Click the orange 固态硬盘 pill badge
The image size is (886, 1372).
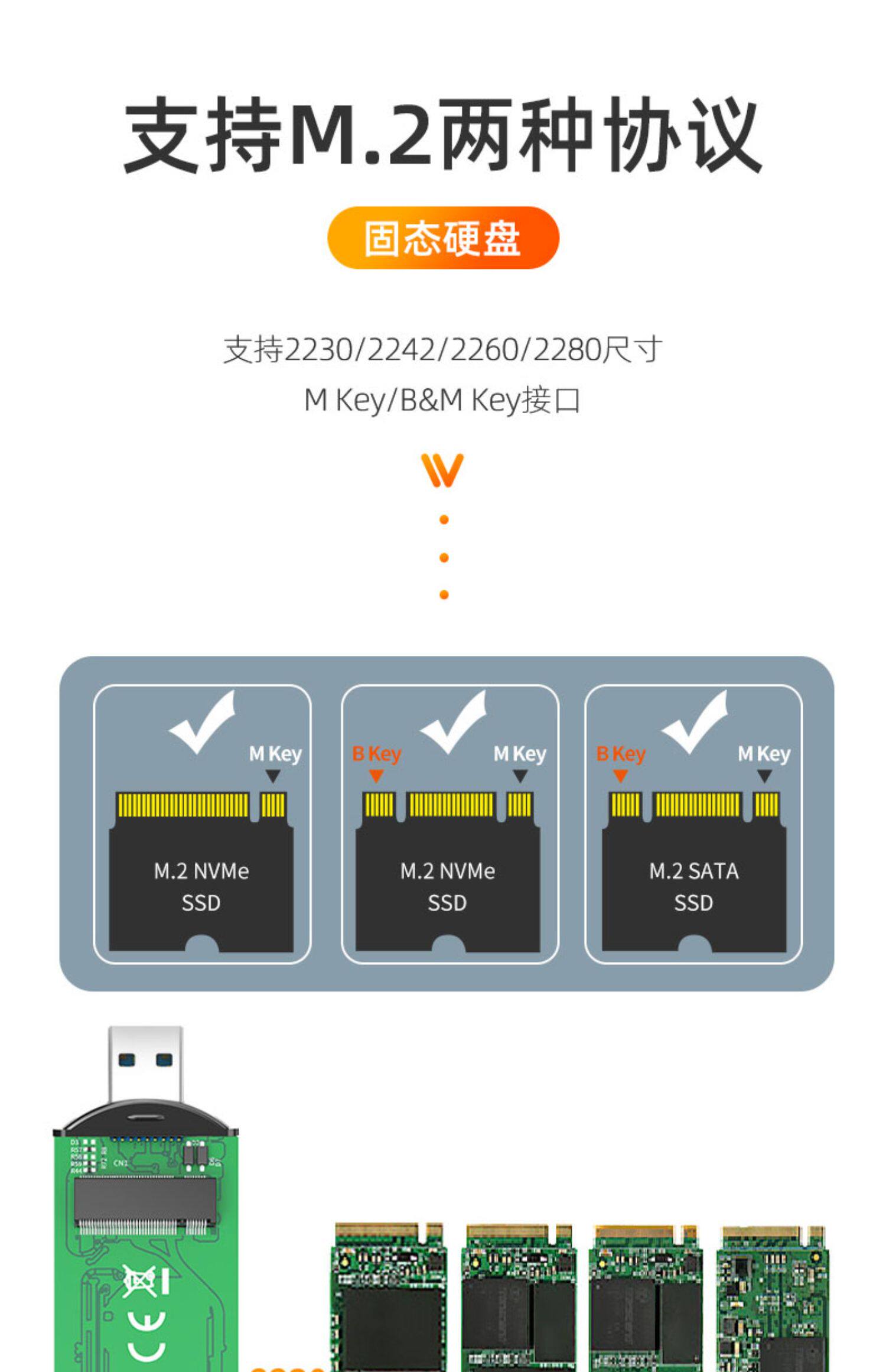pyautogui.click(x=442, y=238)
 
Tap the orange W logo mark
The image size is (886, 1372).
pyautogui.click(x=442, y=470)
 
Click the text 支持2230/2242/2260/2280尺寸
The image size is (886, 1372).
pyautogui.click(x=442, y=349)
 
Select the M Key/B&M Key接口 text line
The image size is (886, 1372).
pyautogui.click(x=442, y=400)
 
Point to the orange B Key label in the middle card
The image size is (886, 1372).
pyautogui.click(x=376, y=753)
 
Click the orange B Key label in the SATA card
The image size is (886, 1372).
pyautogui.click(x=620, y=753)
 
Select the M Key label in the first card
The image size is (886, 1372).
pyautogui.click(x=275, y=754)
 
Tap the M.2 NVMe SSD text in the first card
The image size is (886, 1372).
pyautogui.click(x=201, y=886)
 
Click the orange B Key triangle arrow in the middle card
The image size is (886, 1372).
pyautogui.click(x=376, y=776)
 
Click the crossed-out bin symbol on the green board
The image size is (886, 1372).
pyautogui.click(x=139, y=1281)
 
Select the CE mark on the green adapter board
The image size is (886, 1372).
pyautogui.click(x=146, y=1338)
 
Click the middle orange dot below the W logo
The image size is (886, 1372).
pyautogui.click(x=444, y=557)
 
